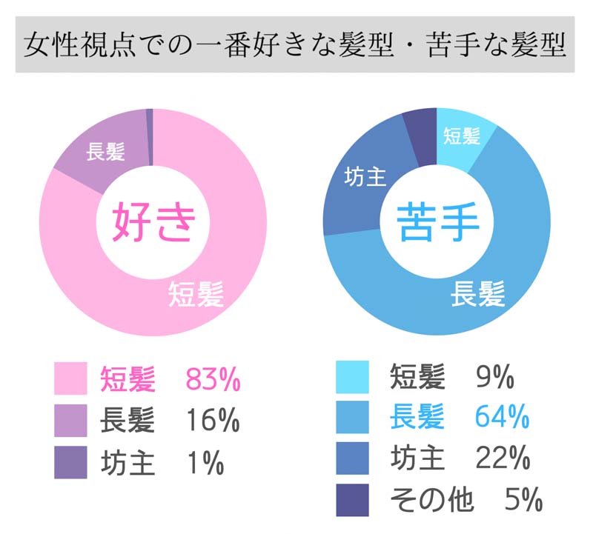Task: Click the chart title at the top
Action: (295, 47)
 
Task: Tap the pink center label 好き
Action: (154, 223)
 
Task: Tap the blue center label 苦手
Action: (438, 223)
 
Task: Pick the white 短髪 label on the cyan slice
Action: (462, 136)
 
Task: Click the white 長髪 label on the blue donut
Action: (479, 293)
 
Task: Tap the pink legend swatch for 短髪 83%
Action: (72, 379)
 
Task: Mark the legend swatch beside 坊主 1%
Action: (72, 463)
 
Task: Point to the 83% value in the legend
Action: (213, 380)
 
